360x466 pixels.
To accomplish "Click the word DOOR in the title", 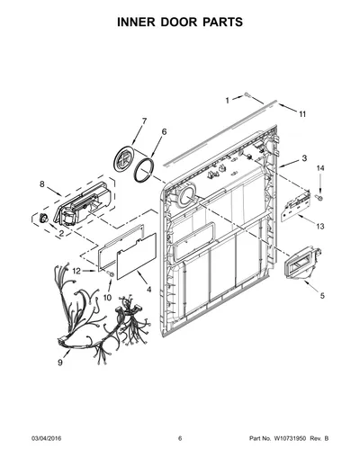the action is [179, 22].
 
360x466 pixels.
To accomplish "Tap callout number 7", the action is [144, 121].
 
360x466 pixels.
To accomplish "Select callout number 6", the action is [164, 131].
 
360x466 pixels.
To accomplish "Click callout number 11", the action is [302, 114].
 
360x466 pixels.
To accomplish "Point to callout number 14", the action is [320, 168].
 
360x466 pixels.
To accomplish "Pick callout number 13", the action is [320, 226].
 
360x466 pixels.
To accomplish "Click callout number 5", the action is [322, 296].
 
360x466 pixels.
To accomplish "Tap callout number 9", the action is [60, 363].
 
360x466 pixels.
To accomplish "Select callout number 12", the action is [76, 271].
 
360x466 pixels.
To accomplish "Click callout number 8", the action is [42, 184].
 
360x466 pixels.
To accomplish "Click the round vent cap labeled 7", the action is [124, 159].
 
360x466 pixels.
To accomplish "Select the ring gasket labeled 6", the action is [144, 170].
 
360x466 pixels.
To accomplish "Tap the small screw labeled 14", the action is [319, 197].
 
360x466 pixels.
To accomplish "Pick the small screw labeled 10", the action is [110, 273].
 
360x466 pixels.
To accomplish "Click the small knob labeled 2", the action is [44, 218].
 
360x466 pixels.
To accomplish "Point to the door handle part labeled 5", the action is [302, 263].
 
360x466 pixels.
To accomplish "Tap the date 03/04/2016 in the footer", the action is [46, 438].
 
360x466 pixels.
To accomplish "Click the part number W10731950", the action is [290, 438].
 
